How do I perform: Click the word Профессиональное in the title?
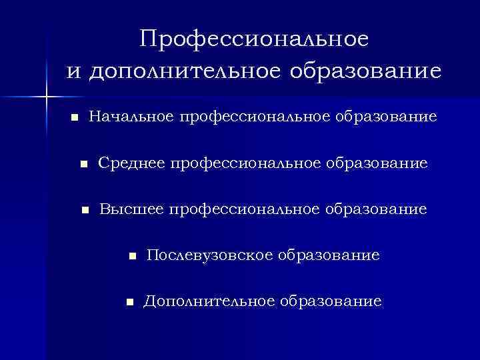tap(254, 39)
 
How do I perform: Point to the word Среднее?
tap(132, 163)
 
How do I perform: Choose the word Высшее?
tap(132, 210)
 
